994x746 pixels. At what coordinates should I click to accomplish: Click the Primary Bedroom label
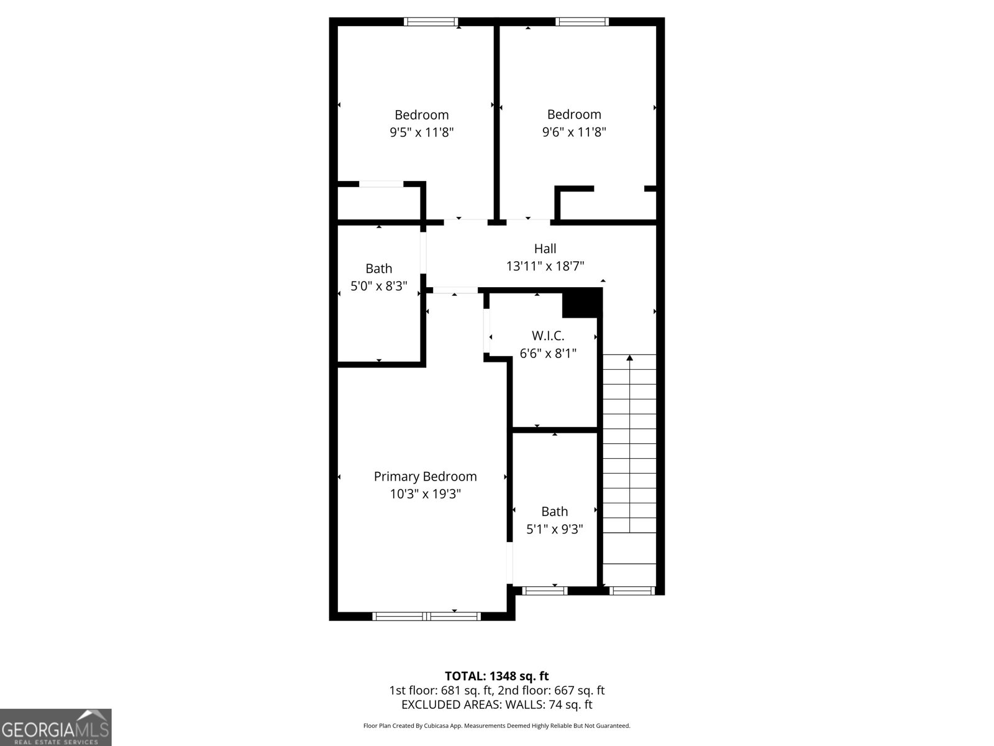[x=425, y=476]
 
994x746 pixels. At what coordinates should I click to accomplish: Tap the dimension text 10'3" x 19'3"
[x=425, y=494]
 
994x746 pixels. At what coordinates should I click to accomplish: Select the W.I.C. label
[x=548, y=336]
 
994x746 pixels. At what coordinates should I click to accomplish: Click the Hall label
[x=545, y=249]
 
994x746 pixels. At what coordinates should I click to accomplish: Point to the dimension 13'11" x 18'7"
[x=545, y=266]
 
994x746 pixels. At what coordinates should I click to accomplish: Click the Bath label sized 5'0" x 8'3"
[x=378, y=269]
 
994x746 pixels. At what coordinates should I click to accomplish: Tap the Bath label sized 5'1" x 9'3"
[x=554, y=512]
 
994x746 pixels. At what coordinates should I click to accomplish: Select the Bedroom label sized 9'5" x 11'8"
[x=421, y=115]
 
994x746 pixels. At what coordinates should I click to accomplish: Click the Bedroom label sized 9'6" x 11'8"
[x=574, y=114]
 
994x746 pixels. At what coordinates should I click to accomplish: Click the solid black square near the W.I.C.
[x=581, y=303]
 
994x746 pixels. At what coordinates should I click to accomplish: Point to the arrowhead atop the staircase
[x=629, y=357]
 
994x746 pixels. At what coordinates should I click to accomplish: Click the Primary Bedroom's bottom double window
[x=426, y=616]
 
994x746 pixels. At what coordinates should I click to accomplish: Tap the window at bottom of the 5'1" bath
[x=545, y=591]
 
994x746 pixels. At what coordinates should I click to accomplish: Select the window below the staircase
[x=632, y=591]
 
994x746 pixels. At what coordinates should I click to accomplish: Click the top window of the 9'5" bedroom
[x=431, y=22]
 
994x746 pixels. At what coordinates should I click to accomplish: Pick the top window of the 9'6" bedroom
[x=582, y=22]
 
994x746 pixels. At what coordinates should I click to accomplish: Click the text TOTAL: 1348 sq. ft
[x=496, y=676]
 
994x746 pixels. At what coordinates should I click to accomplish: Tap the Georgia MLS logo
[x=55, y=727]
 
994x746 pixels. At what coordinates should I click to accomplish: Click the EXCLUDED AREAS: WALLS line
[x=496, y=704]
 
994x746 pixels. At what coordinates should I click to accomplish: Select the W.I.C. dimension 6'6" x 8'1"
[x=548, y=354]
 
